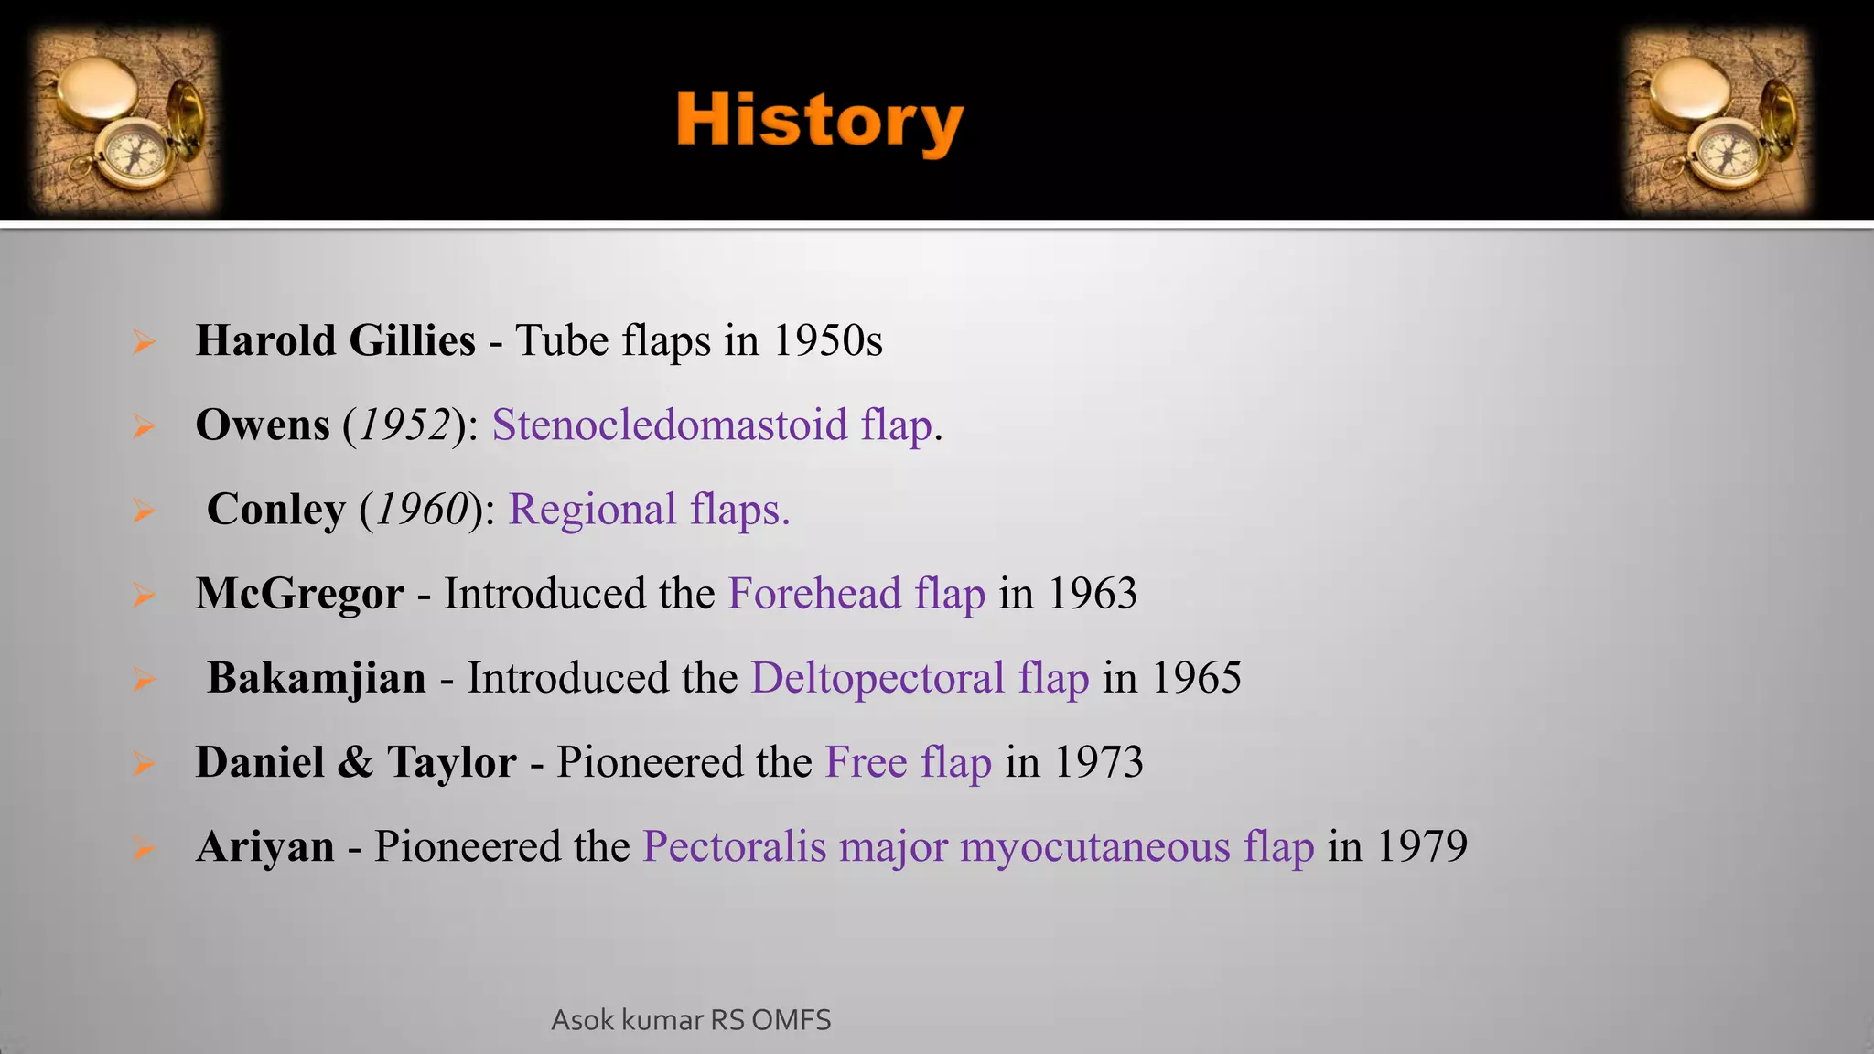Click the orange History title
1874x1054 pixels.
[x=819, y=122]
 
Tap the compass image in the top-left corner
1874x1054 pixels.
[x=125, y=121]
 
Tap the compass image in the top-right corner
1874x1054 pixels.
[x=1718, y=121]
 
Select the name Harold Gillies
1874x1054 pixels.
[x=335, y=340]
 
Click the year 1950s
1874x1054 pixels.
[x=827, y=340]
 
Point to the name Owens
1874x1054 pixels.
[x=263, y=425]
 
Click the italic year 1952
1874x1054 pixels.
[x=404, y=425]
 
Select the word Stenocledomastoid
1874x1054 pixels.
[x=670, y=425]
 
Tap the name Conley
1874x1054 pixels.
[x=276, y=510]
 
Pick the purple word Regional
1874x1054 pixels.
[x=592, y=510]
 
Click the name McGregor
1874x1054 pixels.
[x=300, y=594]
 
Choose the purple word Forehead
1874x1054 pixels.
[x=814, y=594]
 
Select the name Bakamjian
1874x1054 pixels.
[x=317, y=678]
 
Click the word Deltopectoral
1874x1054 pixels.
[x=878, y=678]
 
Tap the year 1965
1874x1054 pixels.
[x=1196, y=678]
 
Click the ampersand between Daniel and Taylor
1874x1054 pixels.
[x=355, y=762]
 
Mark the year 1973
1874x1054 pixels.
[x=1098, y=762]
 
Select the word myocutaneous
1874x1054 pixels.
[x=1094, y=846]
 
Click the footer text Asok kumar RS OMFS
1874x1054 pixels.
[x=691, y=1020]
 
